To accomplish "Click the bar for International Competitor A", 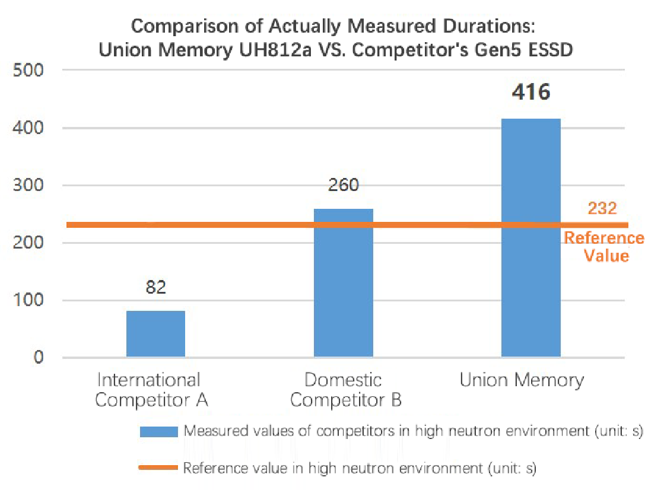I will point(155,334).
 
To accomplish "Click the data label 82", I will point(155,288).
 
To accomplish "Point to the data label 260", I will point(343,186).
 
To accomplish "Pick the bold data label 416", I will point(530,93).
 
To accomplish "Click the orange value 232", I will point(602,208).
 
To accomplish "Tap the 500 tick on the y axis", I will point(30,70).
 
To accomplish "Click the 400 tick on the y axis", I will point(30,128).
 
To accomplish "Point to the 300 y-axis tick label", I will point(30,185).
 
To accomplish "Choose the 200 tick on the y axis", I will point(30,243).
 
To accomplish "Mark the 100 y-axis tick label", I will point(30,300).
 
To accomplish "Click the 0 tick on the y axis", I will point(40,358).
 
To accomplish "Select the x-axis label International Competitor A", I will point(151,390).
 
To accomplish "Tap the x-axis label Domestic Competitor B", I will point(345,390).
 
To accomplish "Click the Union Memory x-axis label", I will point(522,380).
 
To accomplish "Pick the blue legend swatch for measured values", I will point(158,431).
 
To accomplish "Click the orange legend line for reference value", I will point(158,468).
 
